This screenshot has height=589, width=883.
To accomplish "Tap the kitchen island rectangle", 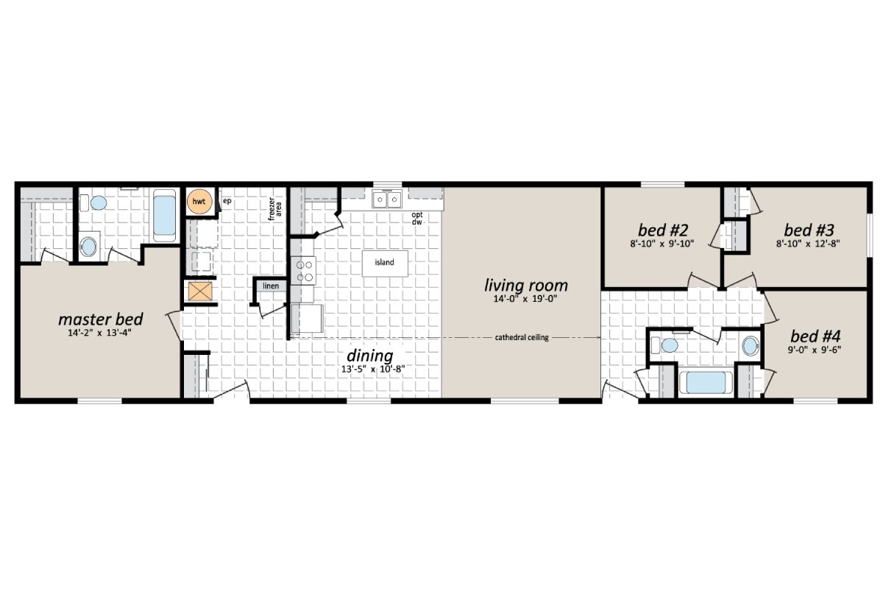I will point(385,262).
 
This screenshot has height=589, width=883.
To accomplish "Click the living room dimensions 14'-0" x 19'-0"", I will point(526,299).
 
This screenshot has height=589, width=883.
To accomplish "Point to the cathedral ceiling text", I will point(522,338).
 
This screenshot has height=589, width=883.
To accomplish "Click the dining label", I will point(369,356).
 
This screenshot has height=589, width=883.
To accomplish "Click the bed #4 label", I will point(812,337).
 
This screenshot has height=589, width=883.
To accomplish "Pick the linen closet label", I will point(271,286).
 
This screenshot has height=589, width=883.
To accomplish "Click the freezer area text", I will point(276,208).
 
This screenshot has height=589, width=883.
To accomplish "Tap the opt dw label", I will point(417,218).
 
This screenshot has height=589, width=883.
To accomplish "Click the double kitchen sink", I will point(386,199).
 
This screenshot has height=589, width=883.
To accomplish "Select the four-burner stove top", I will point(303,269).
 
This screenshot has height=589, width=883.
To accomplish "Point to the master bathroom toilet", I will point(89,245).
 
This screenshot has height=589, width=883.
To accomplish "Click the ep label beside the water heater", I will point(227,200).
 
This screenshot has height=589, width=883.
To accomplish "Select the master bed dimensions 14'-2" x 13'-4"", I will point(100,335).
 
